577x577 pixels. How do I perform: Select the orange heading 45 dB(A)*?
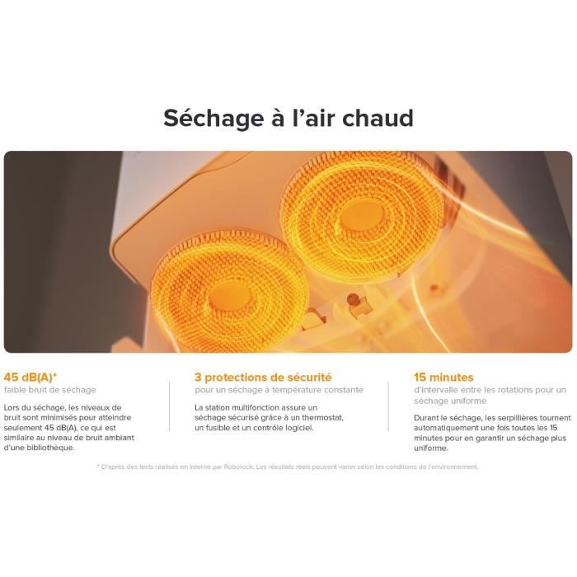tap(30, 378)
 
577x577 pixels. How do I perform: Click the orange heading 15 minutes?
tap(443, 378)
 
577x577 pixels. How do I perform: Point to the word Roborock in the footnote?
tap(238, 467)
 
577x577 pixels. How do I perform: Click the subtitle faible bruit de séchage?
tap(49, 390)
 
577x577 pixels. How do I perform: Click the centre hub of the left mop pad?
tap(230, 297)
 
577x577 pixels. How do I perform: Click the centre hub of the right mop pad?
tap(361, 216)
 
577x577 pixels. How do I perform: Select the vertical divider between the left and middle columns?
tap(170, 406)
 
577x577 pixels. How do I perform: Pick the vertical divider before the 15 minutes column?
tap(388, 406)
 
